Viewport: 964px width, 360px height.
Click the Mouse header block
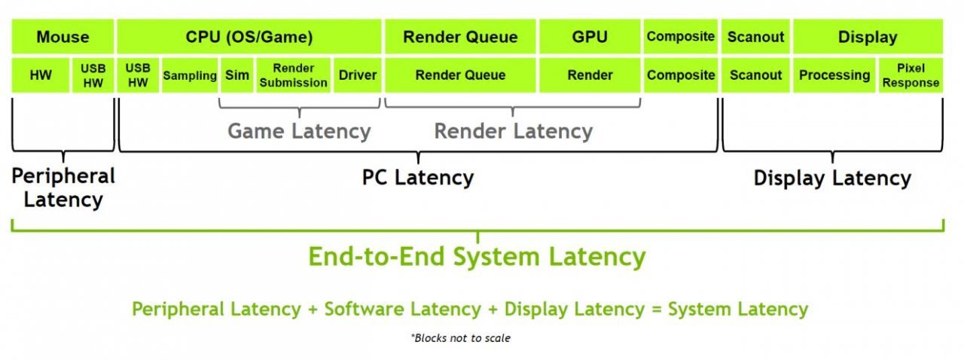[x=63, y=37]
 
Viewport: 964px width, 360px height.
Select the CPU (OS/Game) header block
[x=249, y=37]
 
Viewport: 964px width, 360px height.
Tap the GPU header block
[x=590, y=37]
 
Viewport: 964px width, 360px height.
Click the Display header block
[x=868, y=37]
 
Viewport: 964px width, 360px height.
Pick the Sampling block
[x=190, y=75]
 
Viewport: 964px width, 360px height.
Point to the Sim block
[x=237, y=75]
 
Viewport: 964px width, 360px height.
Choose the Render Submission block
[x=294, y=75]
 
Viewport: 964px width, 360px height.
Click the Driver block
[x=358, y=75]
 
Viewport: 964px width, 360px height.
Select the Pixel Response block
[x=911, y=75]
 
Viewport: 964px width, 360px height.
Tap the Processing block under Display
[x=834, y=75]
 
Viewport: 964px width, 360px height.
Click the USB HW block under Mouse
[x=93, y=75]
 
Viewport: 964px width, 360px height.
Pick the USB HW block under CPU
[x=138, y=75]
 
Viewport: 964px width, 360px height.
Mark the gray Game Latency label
[x=299, y=131]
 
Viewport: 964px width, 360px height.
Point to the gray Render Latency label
[x=514, y=131]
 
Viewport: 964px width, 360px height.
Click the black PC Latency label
[x=418, y=178]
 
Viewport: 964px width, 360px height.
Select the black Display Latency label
[x=832, y=178]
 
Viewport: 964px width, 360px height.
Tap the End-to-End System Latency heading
[x=477, y=257]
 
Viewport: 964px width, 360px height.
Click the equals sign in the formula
[x=656, y=310]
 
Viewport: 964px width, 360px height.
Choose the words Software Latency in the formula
[x=402, y=310]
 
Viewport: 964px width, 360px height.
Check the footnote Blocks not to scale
[x=460, y=338]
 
